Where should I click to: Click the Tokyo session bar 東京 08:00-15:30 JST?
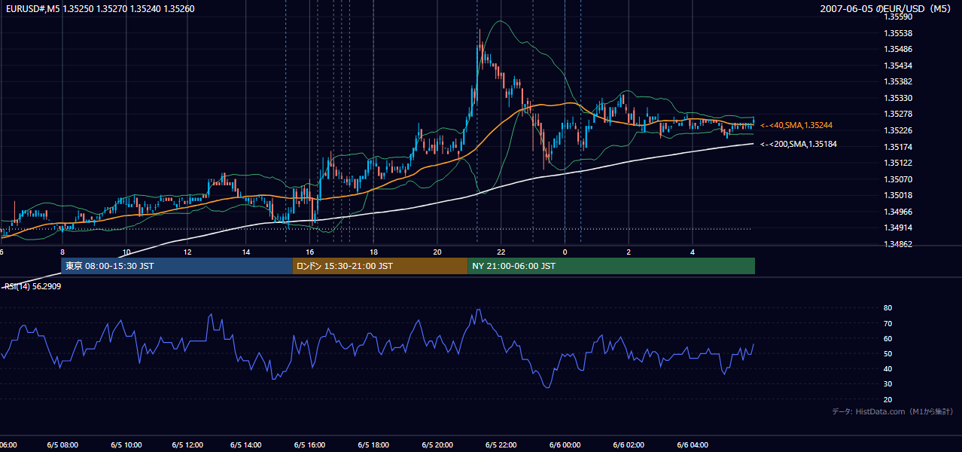[176, 266]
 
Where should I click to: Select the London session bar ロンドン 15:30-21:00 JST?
[380, 266]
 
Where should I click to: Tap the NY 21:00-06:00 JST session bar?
[611, 266]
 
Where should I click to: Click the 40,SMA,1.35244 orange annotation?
[796, 126]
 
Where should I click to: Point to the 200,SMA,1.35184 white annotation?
[799, 145]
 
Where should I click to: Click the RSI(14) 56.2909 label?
[32, 286]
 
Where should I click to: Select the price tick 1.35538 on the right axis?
[898, 33]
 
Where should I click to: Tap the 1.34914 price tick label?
[898, 228]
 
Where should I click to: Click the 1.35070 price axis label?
[898, 179]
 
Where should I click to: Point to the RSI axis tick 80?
[887, 307]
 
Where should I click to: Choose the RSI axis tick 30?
[887, 383]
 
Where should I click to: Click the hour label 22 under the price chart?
[501, 252]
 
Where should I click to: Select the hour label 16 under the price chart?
[309, 252]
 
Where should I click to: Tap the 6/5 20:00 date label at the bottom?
[437, 445]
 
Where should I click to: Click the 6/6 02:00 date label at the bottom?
[629, 445]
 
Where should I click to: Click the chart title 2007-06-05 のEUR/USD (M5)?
[885, 8]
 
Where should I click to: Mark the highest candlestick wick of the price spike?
[479, 29]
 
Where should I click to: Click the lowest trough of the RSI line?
[547, 387]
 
